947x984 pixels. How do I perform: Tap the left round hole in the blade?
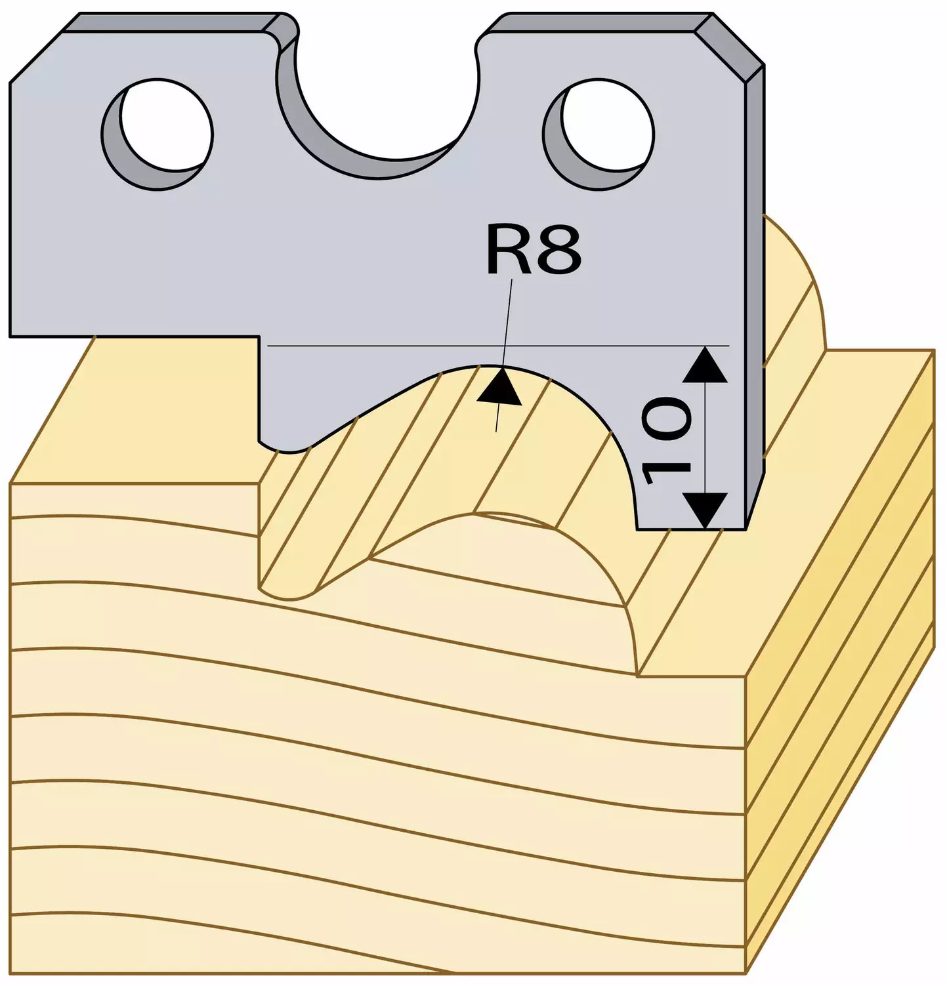click(x=158, y=134)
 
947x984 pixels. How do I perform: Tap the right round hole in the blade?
click(x=599, y=134)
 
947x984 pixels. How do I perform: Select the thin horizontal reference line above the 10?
click(x=499, y=344)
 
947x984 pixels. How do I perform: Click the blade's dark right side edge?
click(x=755, y=295)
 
